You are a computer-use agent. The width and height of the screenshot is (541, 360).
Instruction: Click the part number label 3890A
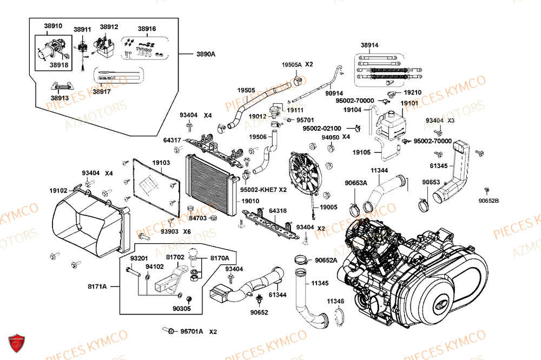click(206, 55)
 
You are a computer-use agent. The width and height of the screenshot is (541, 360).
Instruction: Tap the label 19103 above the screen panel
click(161, 162)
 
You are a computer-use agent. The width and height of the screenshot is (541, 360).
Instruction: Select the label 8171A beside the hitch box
click(97, 286)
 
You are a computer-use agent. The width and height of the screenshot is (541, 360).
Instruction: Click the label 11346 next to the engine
click(335, 301)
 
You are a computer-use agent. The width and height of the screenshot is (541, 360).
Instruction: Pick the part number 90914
click(334, 94)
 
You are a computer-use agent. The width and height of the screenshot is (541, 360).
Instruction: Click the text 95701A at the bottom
click(192, 331)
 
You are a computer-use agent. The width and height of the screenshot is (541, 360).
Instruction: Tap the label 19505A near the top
click(292, 64)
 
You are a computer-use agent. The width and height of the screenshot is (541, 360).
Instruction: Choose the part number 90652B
click(489, 201)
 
